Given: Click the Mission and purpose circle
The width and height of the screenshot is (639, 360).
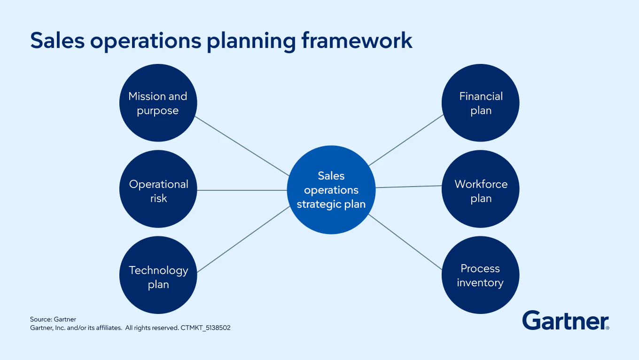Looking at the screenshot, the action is coord(158,103).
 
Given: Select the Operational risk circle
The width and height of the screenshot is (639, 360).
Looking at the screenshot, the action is coord(158,189).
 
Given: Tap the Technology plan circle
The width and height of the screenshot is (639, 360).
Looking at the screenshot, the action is coord(158,275).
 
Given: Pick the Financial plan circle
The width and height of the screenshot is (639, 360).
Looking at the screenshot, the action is coord(480,103).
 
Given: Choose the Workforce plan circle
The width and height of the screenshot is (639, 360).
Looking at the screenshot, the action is coord(480,189).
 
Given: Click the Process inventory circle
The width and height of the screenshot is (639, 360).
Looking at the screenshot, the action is coord(480,275).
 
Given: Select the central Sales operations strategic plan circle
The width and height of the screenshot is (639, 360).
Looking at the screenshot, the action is coord(331,190).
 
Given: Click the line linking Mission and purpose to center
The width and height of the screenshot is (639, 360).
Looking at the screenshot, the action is coord(242,146).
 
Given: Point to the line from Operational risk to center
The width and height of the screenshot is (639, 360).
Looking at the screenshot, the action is coord(242,190).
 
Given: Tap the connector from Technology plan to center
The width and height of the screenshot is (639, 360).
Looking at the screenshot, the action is coord(243,239).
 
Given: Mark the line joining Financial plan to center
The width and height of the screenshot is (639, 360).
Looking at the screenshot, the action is coord(406,140).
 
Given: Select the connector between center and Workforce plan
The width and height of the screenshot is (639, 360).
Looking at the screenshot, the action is coord(408,187).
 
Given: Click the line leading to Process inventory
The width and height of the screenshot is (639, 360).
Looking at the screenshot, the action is coord(405,242).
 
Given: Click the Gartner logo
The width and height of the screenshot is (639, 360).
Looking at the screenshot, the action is coord(566,321).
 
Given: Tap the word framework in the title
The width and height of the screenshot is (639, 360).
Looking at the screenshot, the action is coord(357,40).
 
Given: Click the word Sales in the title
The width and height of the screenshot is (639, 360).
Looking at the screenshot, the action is coord(57,40).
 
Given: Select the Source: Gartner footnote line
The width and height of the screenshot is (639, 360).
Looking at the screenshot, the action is coord(53,319).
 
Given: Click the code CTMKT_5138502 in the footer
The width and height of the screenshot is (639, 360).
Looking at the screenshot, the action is coord(205,328).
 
